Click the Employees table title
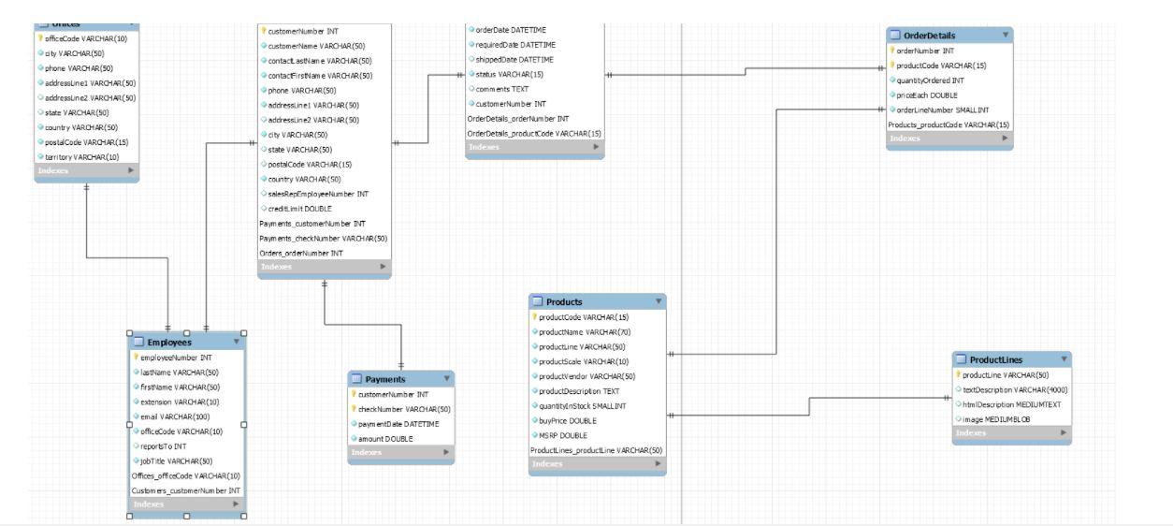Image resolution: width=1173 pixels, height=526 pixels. pos(169,343)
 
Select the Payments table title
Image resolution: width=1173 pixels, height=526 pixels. pos(385,379)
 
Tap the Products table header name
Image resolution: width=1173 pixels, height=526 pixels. pos(564,301)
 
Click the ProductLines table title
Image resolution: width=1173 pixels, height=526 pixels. pos(996,359)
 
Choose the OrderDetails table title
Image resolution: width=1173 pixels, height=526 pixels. pos(930,35)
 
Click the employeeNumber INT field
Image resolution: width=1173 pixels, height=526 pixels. pos(176,358)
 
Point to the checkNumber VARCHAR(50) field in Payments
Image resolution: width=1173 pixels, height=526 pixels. pos(404,409)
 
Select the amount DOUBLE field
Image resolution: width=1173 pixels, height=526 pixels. pos(386,438)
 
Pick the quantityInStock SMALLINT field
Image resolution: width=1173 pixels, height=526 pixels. pos(583,405)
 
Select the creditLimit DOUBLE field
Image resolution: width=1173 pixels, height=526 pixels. pos(294,209)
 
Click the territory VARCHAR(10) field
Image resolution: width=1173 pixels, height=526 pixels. pos(82,156)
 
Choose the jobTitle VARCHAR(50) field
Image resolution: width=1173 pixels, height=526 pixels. pos(177,460)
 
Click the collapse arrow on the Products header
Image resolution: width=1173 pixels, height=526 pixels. pos(659,301)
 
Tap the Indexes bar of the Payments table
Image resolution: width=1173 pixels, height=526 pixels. pos(400,453)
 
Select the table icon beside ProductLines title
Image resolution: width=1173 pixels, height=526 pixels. pos(961,359)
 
